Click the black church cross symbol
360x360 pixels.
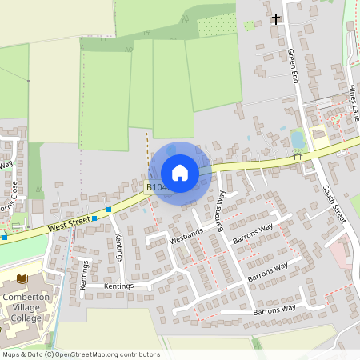click(x=276, y=18)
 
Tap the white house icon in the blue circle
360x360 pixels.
click(x=179, y=172)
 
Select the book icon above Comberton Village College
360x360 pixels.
click(x=22, y=278)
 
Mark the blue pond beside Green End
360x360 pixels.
click(x=298, y=140)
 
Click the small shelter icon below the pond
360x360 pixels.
click(x=297, y=157)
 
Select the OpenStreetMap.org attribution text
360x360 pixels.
click(x=94, y=354)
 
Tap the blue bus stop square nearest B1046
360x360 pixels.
click(x=109, y=209)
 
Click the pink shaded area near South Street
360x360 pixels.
click(x=338, y=255)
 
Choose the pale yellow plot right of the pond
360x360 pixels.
click(x=318, y=134)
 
